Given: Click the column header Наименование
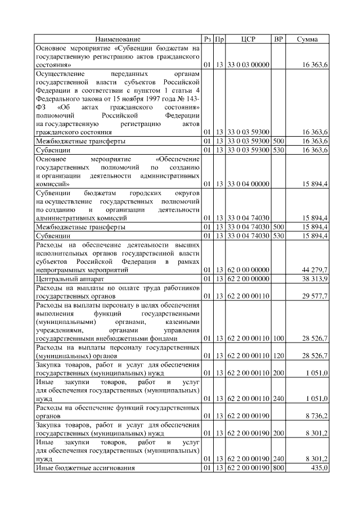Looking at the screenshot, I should tap(118, 39).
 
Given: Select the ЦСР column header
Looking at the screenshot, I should tap(248, 39).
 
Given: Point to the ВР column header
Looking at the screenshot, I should tap(278, 39).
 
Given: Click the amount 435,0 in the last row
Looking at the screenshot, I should tap(318, 468).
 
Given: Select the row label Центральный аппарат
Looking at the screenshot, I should tap(68, 279).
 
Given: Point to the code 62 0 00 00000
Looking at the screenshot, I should tap(248, 271).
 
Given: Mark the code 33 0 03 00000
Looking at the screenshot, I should tap(248, 65).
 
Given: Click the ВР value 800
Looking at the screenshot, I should tap(278, 468).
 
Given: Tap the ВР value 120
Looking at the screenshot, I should tap(278, 355).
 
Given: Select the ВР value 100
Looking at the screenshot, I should tap(278, 339).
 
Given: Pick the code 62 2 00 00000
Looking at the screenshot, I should tap(248, 279).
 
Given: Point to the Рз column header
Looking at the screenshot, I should tap(208, 39).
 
